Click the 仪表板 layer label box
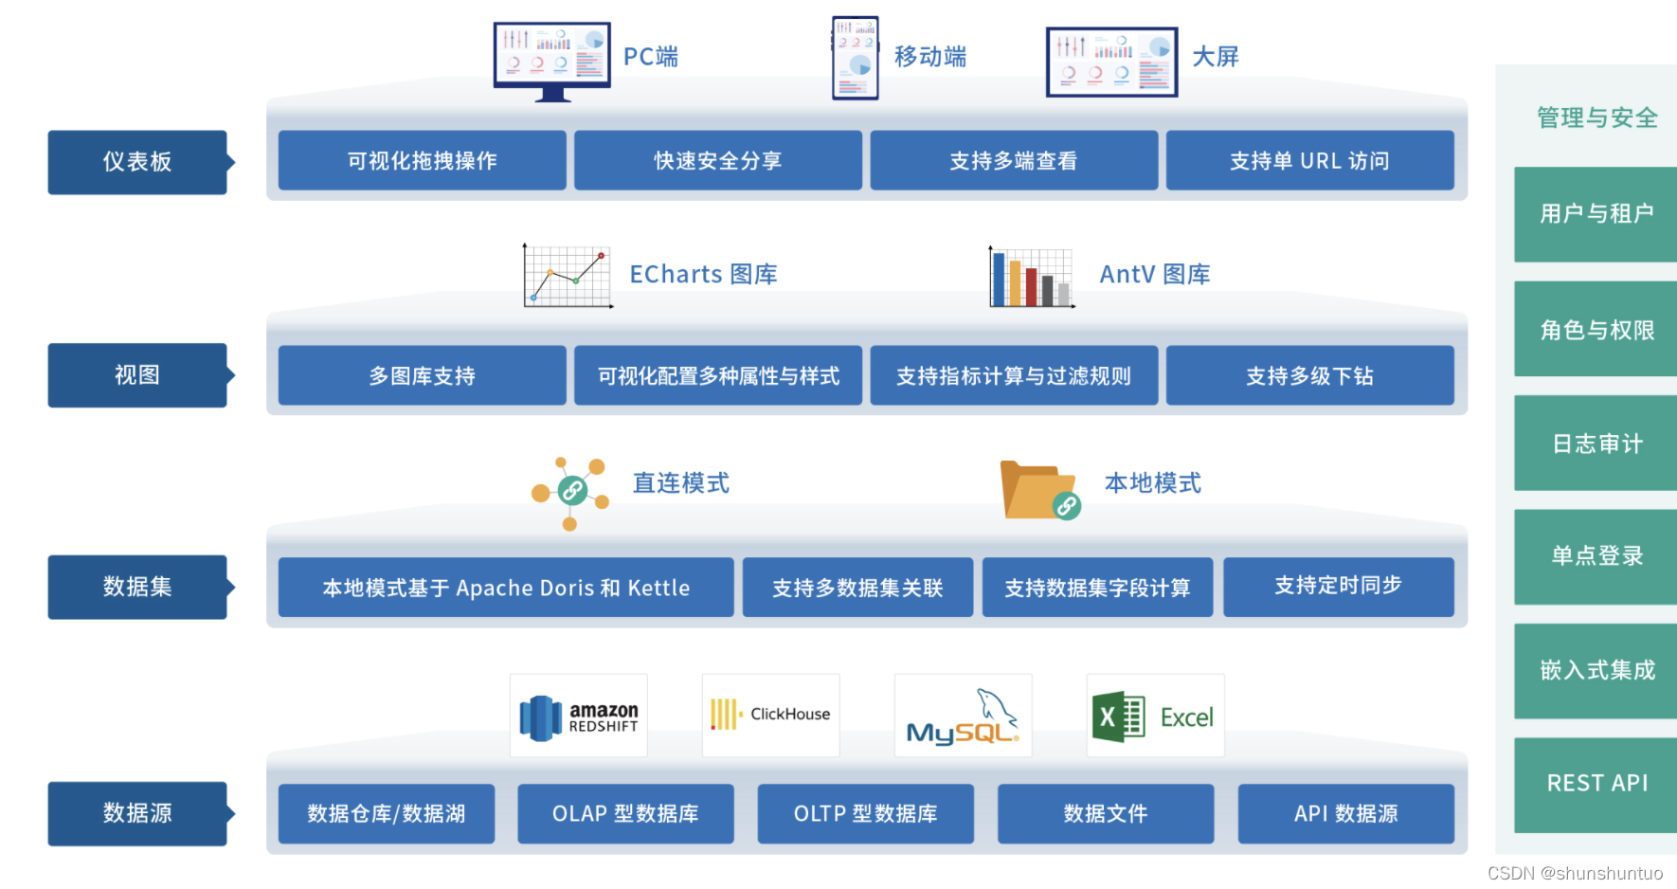137,162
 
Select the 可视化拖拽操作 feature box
422,160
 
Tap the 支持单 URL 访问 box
1309,160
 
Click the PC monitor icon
552,61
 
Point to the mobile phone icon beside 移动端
855,58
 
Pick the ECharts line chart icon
568,276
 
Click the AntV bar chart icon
1031,277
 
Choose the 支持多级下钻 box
1309,375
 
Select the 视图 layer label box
137,375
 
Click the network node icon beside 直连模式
570,492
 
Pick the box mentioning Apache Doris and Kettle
506,588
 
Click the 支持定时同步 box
1338,587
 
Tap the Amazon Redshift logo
579,717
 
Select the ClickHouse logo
770,715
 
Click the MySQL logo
963,717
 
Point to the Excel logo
1154,717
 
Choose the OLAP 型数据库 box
625,813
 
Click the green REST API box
1596,784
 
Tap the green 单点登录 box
1596,556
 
